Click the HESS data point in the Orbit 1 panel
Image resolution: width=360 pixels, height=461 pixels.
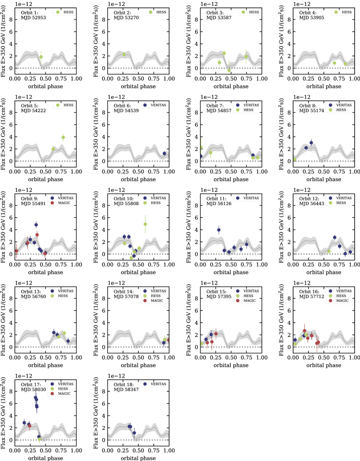41,57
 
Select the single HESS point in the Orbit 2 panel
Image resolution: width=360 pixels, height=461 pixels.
124,54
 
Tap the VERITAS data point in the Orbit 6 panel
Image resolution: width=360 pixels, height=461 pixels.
164,154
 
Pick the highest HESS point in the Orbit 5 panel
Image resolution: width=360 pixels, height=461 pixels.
63,137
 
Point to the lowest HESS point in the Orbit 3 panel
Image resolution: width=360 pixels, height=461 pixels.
229,70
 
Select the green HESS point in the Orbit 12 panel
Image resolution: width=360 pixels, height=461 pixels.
329,251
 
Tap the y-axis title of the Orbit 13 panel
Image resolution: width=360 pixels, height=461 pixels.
4,317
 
